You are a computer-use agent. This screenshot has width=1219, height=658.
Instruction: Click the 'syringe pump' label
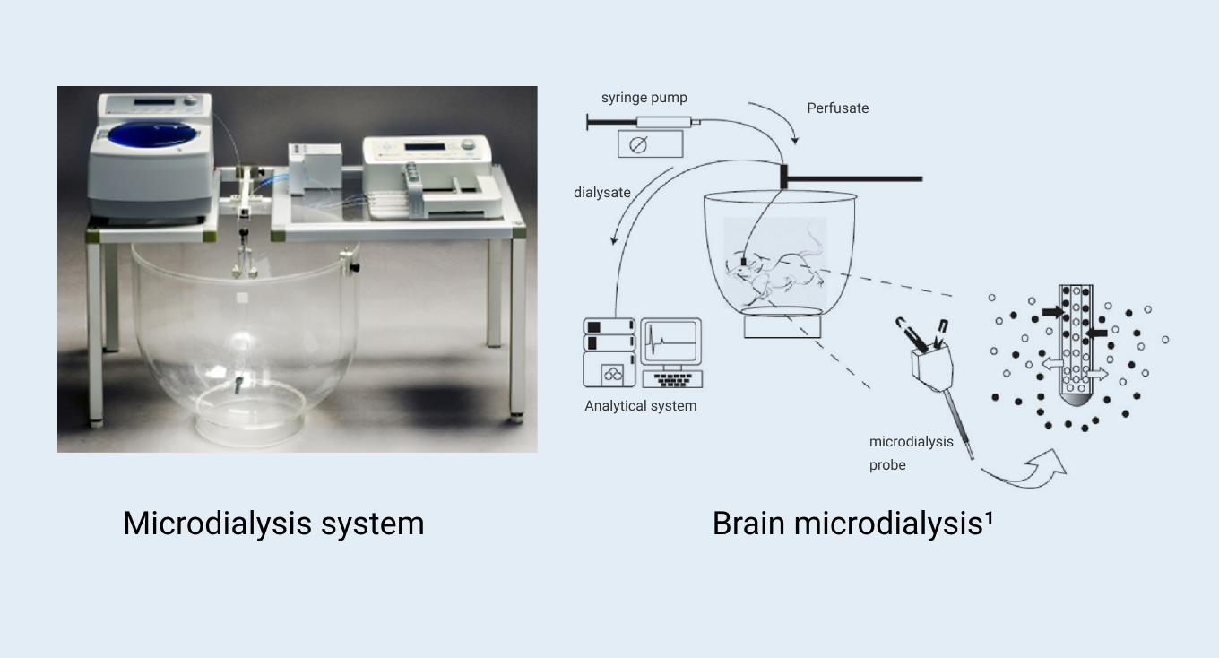tap(644, 98)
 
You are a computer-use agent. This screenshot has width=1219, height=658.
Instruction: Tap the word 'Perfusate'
tap(837, 108)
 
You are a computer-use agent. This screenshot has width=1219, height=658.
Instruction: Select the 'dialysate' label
tap(602, 193)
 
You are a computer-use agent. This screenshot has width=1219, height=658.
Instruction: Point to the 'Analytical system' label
tap(641, 406)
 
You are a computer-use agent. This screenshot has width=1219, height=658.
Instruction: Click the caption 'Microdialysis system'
tap(273, 524)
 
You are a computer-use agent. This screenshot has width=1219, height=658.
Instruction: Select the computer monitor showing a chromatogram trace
tap(671, 342)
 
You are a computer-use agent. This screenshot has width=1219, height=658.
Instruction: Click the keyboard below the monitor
tap(672, 379)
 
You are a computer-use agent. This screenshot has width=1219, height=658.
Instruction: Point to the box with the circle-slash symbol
tap(651, 144)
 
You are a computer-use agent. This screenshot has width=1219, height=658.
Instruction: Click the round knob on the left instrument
tap(190, 100)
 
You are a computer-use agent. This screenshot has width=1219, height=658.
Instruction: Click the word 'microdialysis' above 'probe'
tap(911, 442)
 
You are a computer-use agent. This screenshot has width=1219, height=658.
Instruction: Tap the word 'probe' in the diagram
tap(887, 465)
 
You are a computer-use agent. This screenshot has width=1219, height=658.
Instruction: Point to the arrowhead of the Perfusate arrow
tap(795, 141)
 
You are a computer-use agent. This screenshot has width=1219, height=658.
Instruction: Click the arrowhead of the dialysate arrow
tap(614, 240)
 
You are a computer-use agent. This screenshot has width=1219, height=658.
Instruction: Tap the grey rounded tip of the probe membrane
tap(1076, 400)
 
